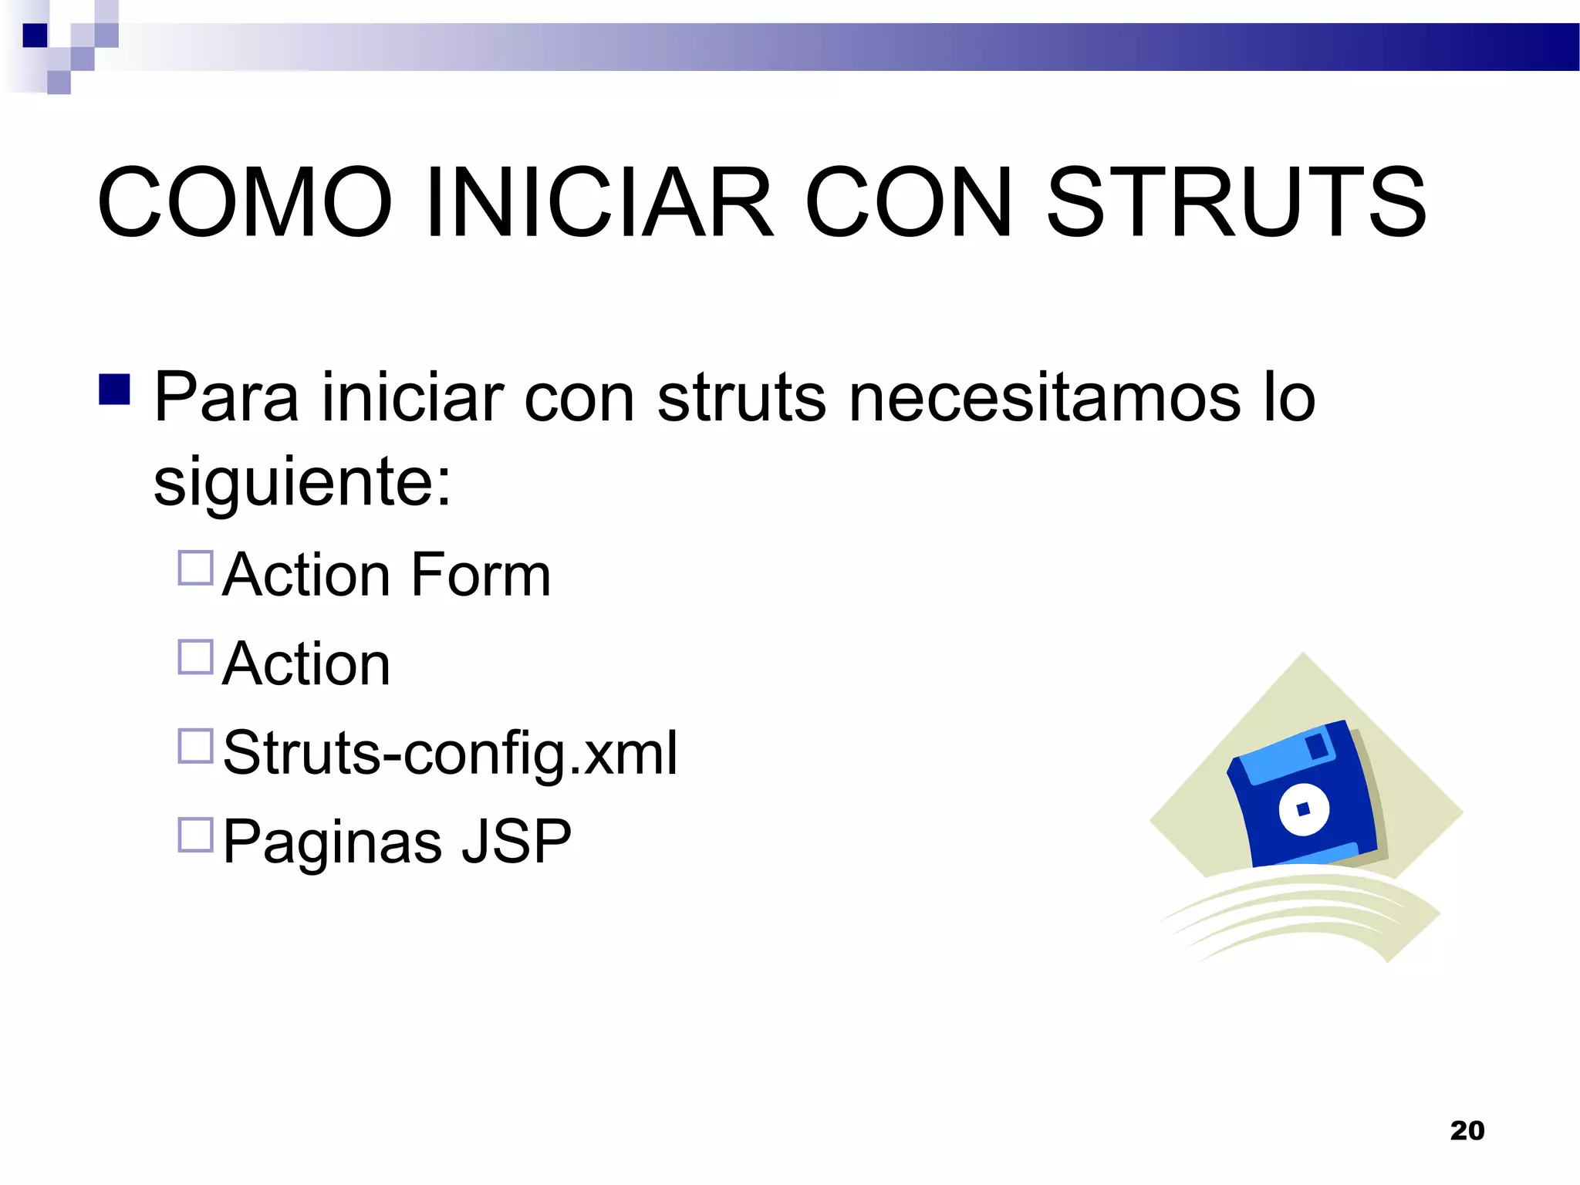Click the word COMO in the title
[x=245, y=202]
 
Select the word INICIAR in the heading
[x=598, y=202]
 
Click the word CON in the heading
[x=908, y=202]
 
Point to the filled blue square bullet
[x=114, y=390]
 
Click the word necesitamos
[x=1045, y=398]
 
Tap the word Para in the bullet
[x=226, y=398]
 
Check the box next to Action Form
[x=195, y=568]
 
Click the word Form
[x=481, y=576]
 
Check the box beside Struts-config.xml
[x=195, y=746]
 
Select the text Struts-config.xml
[x=450, y=754]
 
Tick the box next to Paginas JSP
[x=195, y=835]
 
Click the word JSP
[x=516, y=842]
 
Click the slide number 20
[x=1467, y=1131]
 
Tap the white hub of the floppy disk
[x=1304, y=809]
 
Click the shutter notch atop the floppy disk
[x=1317, y=745]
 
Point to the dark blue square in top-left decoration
[x=35, y=35]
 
